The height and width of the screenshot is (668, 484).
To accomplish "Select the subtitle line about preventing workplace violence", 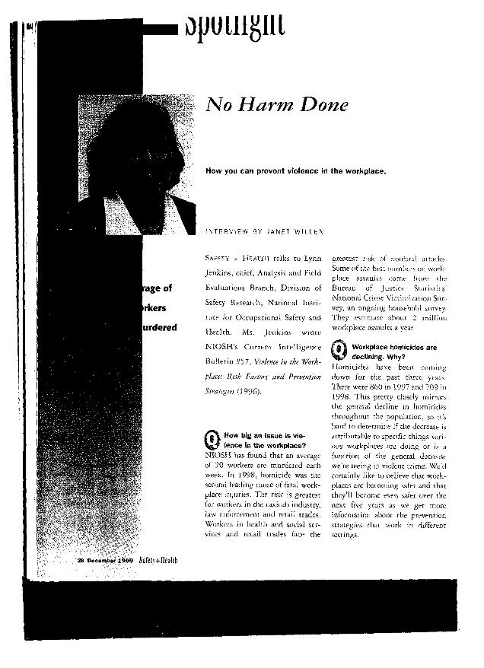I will (x=296, y=171).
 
